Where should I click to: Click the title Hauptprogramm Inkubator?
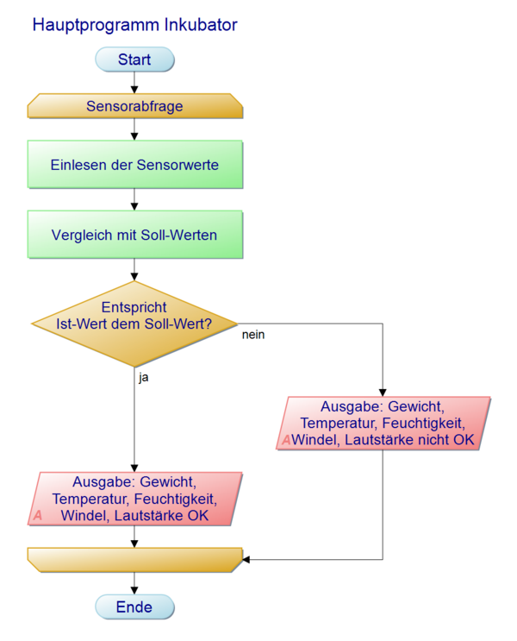(134, 25)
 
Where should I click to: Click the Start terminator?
(134, 60)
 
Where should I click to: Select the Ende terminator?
(134, 607)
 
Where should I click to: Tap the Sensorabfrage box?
(134, 107)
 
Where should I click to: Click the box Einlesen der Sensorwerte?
(134, 164)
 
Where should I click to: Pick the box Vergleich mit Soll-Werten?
(134, 235)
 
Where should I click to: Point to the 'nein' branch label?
(252, 335)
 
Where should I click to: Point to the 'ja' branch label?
(144, 377)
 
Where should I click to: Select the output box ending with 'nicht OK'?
(385, 423)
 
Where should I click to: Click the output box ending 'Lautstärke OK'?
(134, 498)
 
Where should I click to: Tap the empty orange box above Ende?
(134, 559)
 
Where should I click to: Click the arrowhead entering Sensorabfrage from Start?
(134, 90)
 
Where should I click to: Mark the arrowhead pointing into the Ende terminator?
(134, 590)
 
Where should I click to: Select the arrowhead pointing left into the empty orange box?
(246, 559)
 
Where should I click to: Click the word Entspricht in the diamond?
(134, 308)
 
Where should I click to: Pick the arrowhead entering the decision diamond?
(134, 276)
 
